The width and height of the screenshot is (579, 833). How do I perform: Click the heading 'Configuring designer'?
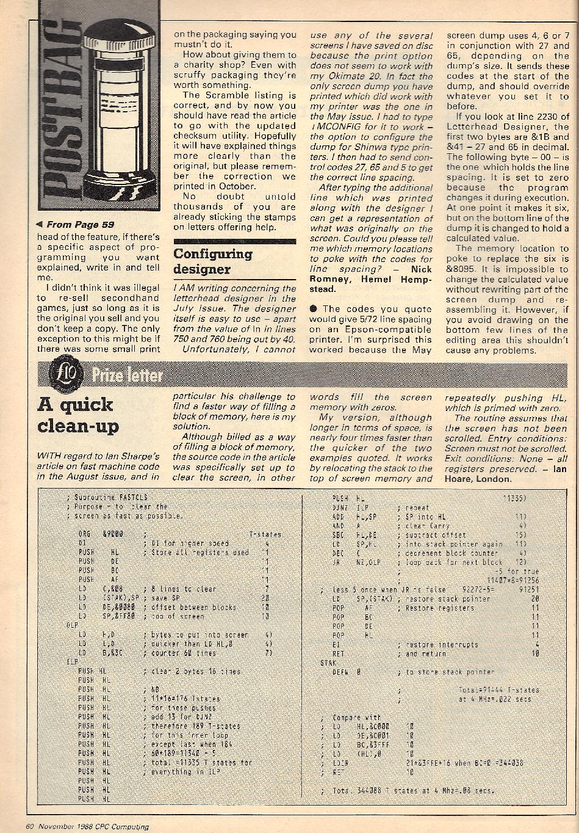[204, 261]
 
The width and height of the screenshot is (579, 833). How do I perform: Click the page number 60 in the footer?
[29, 827]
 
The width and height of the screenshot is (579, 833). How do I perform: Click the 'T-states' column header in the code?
[265, 534]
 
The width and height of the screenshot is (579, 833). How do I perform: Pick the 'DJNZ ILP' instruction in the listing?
[351, 507]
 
